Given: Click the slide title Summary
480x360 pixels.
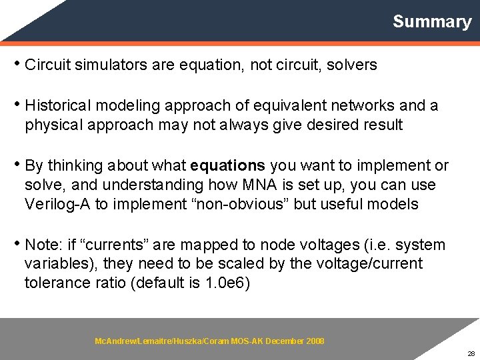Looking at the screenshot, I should pos(431,21).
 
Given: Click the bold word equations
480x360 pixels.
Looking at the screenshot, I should pos(227,165).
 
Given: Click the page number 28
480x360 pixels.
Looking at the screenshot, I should pos(471,353).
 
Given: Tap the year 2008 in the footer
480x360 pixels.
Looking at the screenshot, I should pos(315,341).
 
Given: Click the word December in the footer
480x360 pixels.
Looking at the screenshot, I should pos(285,341).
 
